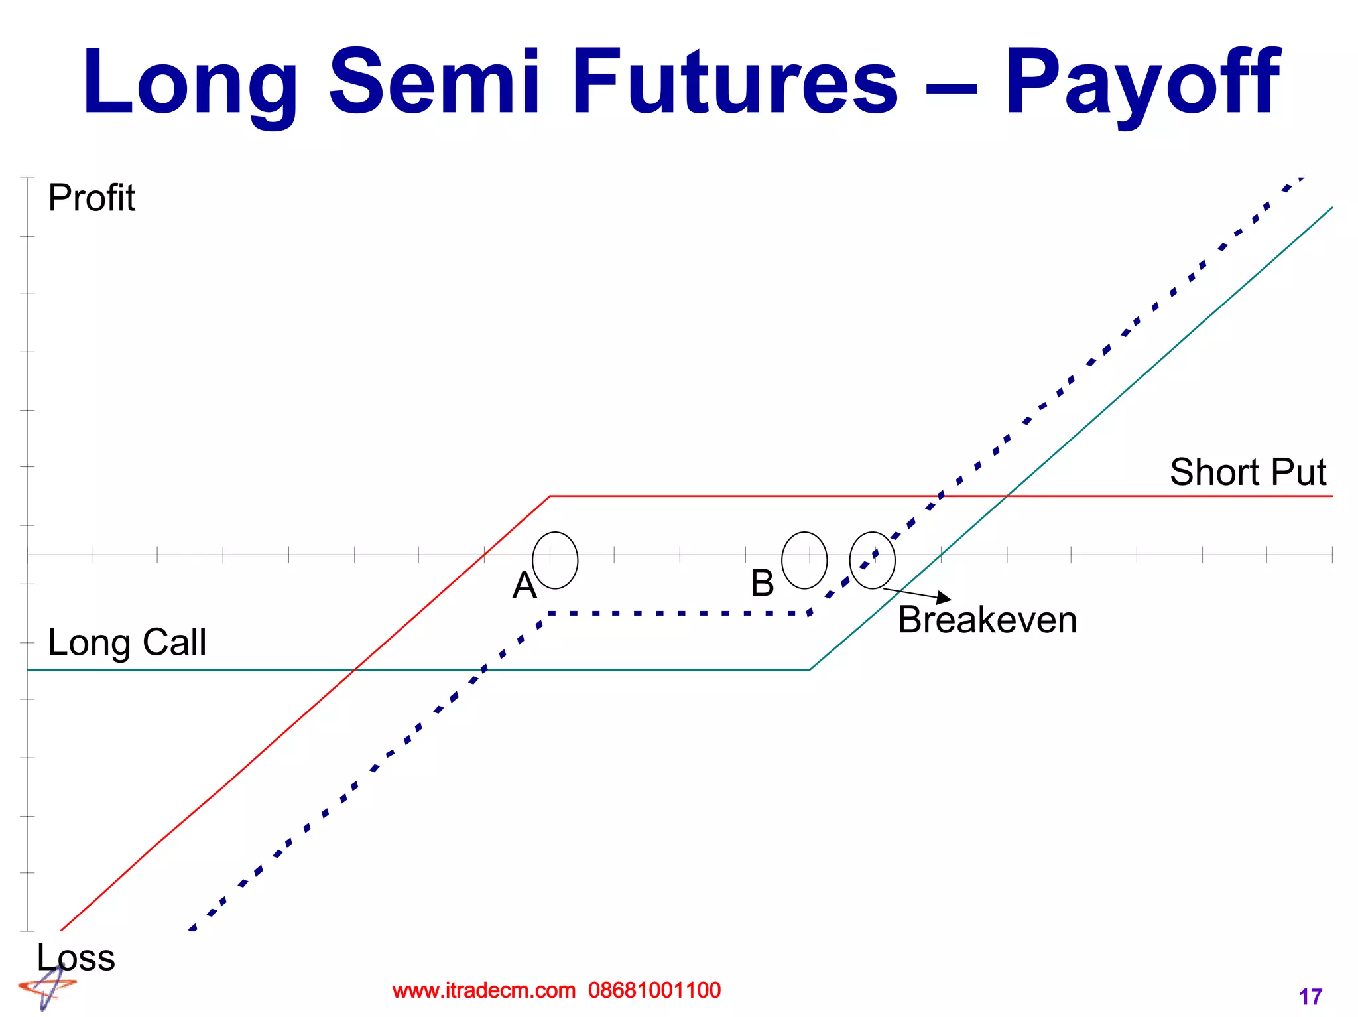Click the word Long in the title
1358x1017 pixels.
(x=190, y=83)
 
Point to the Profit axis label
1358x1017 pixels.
(x=92, y=198)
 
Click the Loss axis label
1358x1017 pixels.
(x=76, y=957)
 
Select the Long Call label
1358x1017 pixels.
(x=127, y=642)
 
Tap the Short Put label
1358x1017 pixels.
(x=1247, y=472)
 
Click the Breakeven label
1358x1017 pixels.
(x=987, y=620)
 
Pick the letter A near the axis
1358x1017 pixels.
(x=524, y=586)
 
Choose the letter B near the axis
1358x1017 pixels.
(x=762, y=583)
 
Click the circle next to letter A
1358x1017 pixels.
(x=555, y=561)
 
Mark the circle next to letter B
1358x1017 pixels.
(x=804, y=561)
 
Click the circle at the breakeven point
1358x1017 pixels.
(x=872, y=561)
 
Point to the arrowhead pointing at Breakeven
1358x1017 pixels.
(x=944, y=597)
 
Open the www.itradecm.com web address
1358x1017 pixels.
(x=483, y=990)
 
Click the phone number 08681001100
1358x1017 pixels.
(x=654, y=990)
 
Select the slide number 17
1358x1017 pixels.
(x=1310, y=996)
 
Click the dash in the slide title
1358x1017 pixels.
(x=951, y=86)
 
